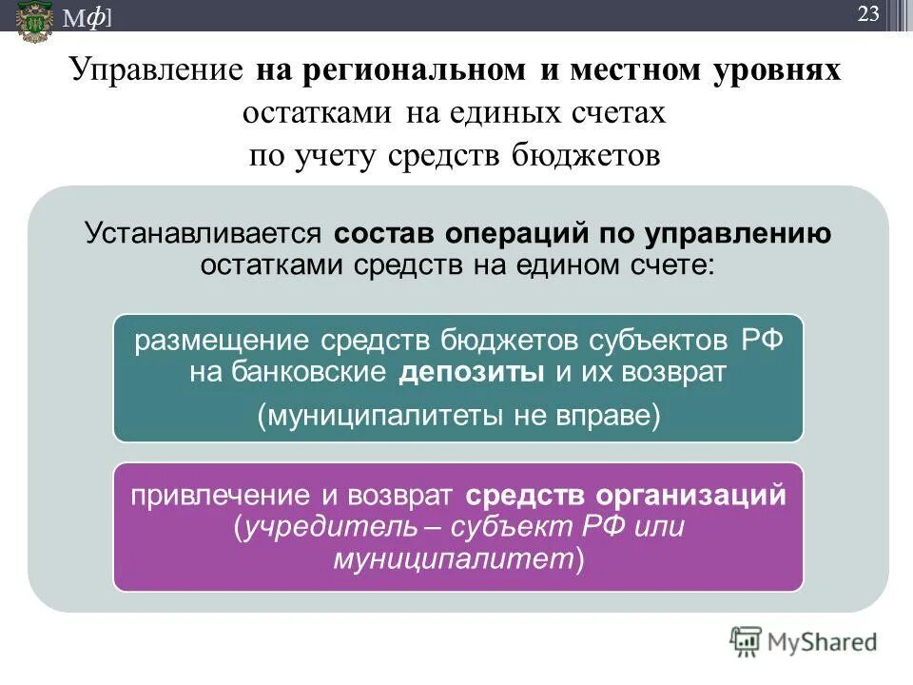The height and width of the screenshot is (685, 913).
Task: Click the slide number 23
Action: [868, 13]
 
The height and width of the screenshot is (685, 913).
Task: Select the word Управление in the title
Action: [158, 71]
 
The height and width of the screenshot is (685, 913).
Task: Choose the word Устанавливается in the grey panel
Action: [204, 234]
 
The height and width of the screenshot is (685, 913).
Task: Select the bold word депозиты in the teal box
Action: [472, 372]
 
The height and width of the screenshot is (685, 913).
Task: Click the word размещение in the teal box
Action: [222, 342]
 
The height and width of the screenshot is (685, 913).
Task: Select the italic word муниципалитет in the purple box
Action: [453, 558]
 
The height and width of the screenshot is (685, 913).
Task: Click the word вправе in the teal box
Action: [593, 417]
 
